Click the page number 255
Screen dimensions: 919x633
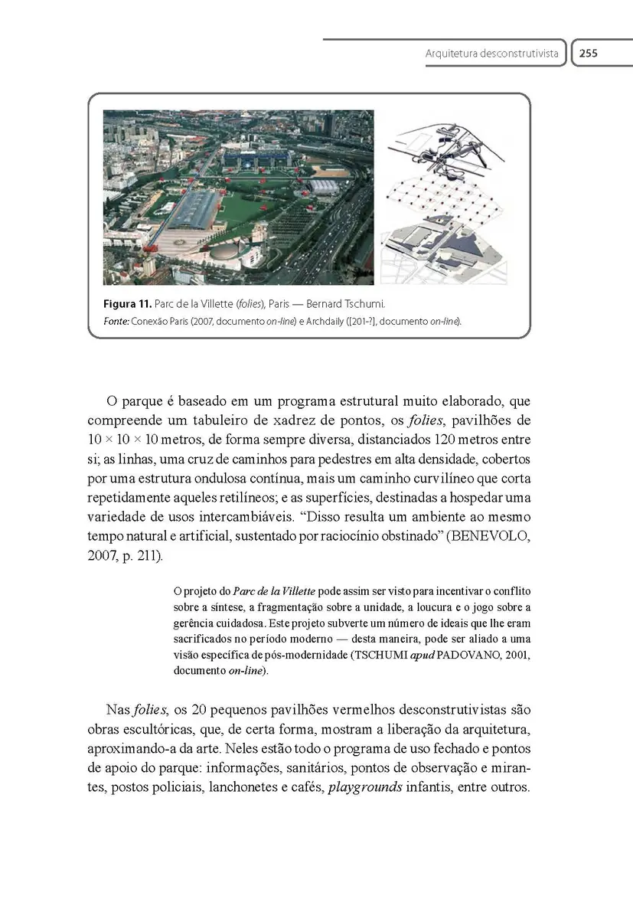[x=588, y=54]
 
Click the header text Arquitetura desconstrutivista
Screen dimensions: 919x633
[x=492, y=54]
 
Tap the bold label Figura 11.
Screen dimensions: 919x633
[x=127, y=304]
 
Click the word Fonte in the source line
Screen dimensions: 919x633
[x=115, y=321]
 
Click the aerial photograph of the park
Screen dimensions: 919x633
[x=238, y=197]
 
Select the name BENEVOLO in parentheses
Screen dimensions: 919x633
[x=490, y=536]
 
